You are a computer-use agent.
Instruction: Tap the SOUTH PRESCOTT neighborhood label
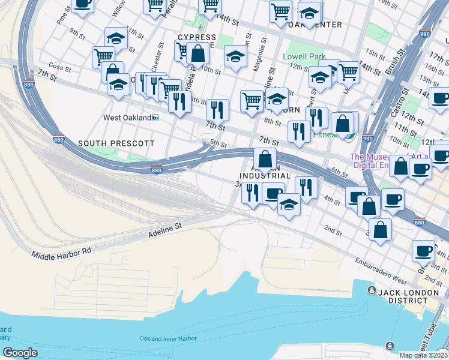116,143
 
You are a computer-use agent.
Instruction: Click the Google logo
20,353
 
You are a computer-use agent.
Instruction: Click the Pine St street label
64,16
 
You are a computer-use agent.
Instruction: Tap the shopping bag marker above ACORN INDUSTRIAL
265,160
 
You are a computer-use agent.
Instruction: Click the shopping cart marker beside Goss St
103,57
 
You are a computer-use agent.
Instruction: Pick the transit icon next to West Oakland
155,118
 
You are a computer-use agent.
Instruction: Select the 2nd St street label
332,229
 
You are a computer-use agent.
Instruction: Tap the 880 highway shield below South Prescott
156,170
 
